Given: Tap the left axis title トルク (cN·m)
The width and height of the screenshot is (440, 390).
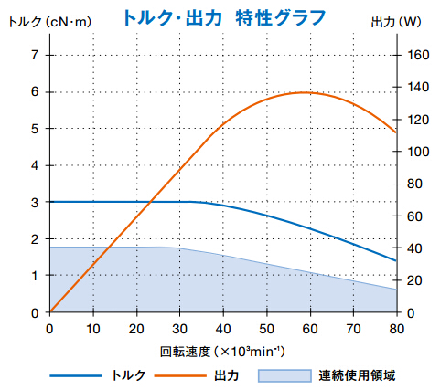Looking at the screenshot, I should tap(38, 21).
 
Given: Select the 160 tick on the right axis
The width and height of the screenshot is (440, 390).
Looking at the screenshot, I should tap(417, 55).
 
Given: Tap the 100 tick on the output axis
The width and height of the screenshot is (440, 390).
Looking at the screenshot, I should tap(417, 152).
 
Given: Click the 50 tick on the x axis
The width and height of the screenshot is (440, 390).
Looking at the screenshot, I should tap(266, 328).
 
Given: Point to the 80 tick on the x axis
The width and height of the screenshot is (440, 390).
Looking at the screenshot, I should tap(396, 328).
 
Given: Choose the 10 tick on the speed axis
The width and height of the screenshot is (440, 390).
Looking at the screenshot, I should tap(92, 328).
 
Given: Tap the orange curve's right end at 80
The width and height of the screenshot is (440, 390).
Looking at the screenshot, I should tap(396, 132).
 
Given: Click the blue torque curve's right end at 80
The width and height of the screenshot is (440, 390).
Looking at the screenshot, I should tap(396, 260).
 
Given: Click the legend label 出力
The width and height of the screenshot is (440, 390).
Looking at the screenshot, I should tap(226, 374).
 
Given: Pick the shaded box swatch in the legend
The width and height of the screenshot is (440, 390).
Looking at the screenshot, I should tap(283, 374).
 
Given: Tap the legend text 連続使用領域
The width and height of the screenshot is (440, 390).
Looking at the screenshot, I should tap(357, 374).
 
